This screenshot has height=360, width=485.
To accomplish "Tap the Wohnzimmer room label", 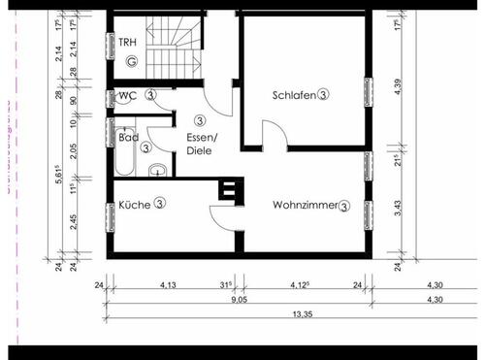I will (305, 205).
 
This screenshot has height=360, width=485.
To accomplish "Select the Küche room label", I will (135, 204).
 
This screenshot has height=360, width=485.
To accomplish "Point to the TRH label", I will (127, 42).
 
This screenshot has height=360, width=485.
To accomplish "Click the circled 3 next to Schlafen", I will (324, 95).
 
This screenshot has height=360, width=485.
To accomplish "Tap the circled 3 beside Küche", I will (159, 204).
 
